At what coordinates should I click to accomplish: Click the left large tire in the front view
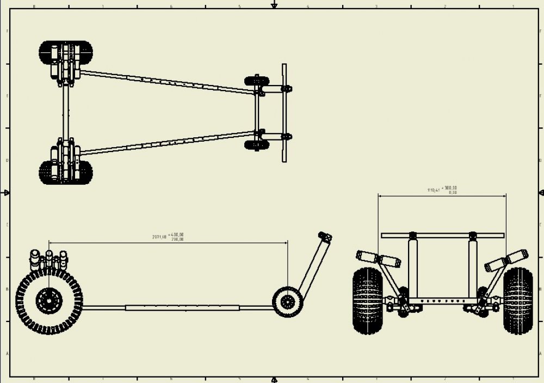click(368, 300)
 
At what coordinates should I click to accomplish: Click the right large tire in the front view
click(517, 300)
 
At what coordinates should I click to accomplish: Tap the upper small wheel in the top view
click(256, 81)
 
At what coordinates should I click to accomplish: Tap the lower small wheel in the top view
click(256, 144)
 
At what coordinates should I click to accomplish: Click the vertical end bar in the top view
click(284, 112)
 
